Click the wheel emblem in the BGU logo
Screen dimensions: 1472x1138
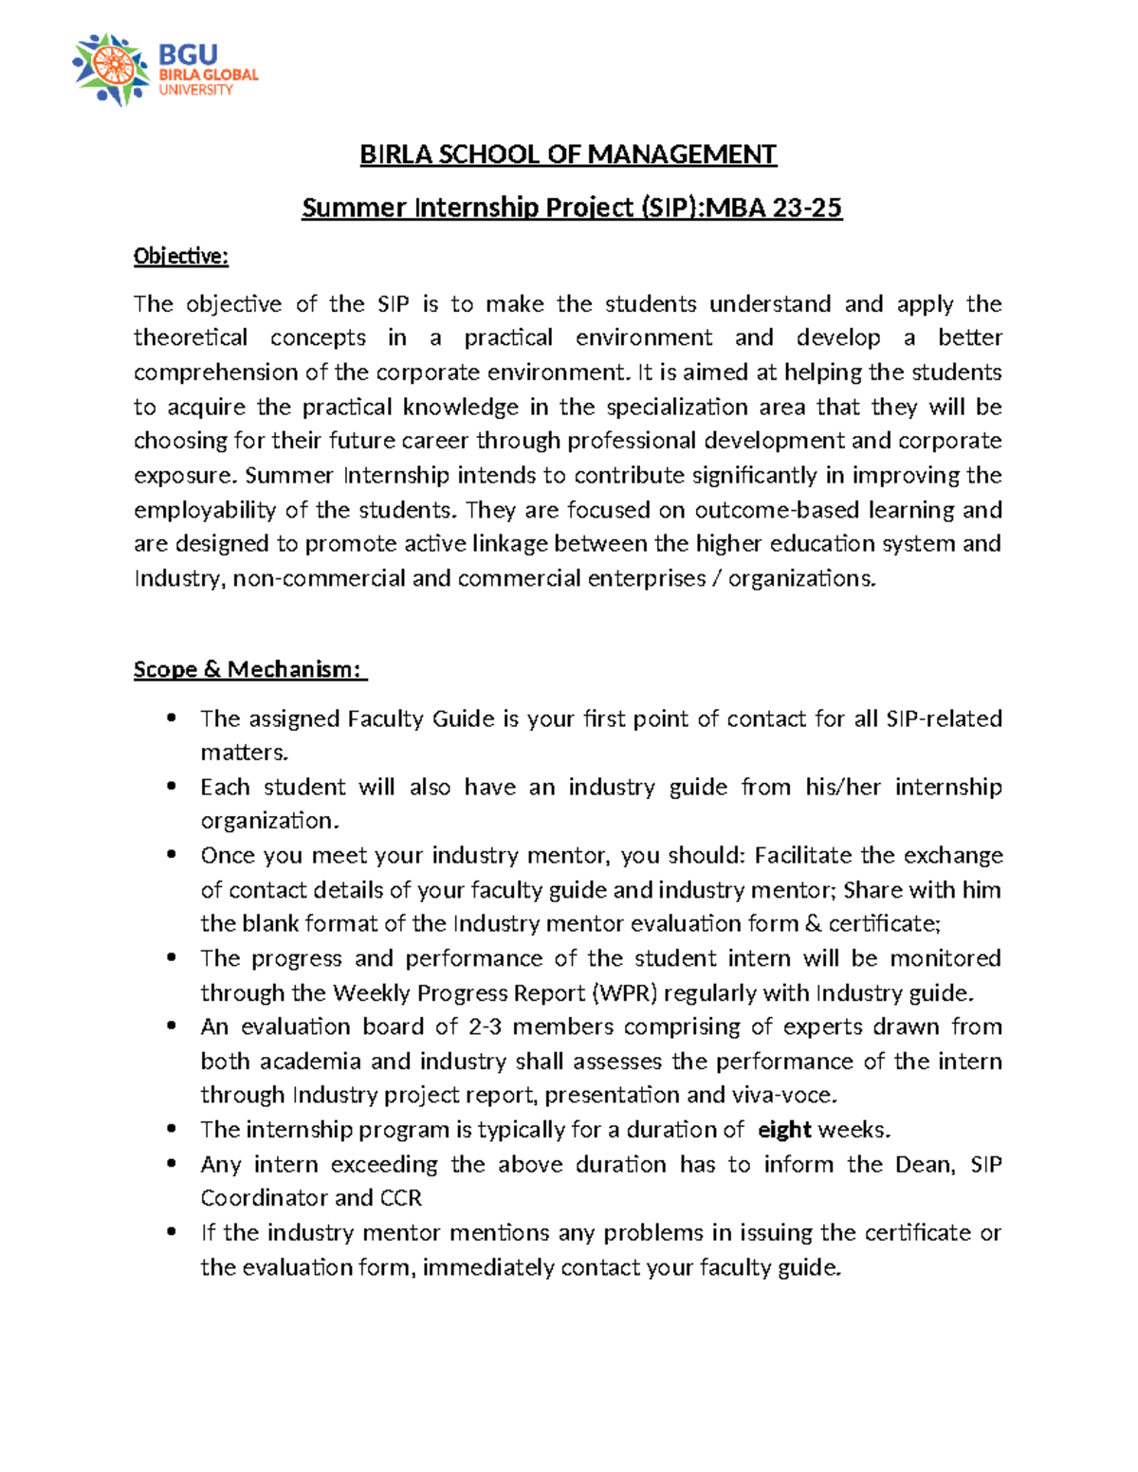point(111,69)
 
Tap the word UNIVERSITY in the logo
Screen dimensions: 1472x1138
point(195,90)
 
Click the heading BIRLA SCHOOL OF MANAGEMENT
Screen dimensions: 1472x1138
point(568,154)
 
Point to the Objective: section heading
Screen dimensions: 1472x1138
point(181,256)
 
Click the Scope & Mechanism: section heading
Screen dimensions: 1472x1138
point(248,669)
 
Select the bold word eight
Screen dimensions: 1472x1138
point(784,1130)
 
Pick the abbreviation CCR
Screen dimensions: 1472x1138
point(401,1198)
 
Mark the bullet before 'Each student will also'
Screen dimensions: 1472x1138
point(172,787)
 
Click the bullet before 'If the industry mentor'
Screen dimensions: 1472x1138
point(172,1232)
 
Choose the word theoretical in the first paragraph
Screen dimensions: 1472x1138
point(191,338)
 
